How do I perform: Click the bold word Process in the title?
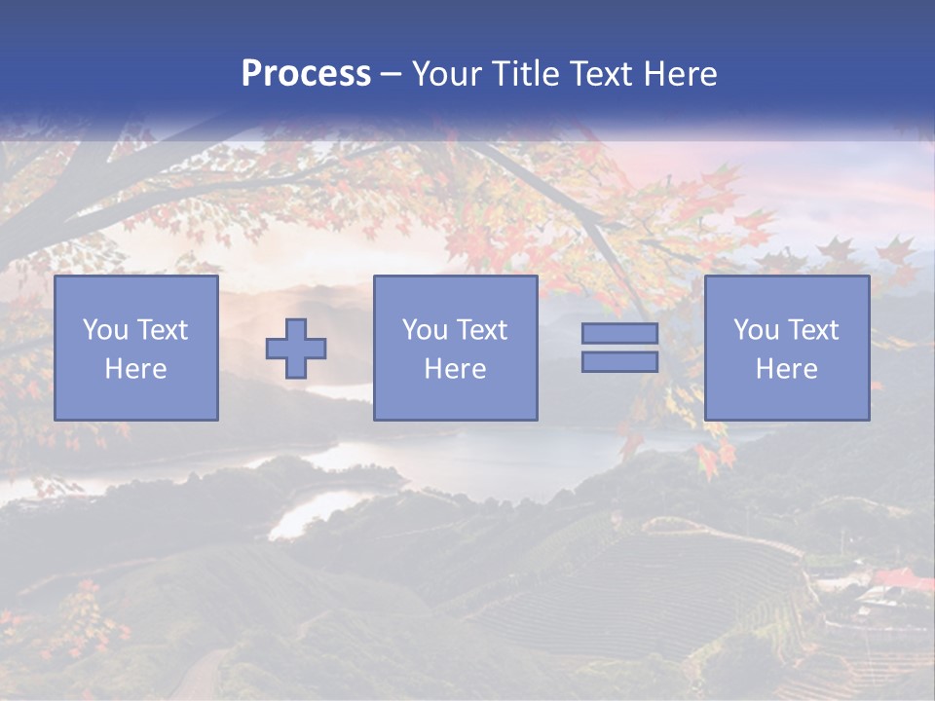[x=306, y=74]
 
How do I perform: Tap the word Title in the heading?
[x=522, y=74]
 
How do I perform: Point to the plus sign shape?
[x=296, y=349]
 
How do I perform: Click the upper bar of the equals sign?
[x=619, y=333]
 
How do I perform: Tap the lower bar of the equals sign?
[x=619, y=362]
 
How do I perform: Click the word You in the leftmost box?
[x=105, y=330]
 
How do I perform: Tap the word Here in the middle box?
[x=455, y=369]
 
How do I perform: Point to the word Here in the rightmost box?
[x=786, y=369]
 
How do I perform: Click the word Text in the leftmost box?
[x=162, y=330]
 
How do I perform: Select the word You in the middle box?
[x=425, y=330]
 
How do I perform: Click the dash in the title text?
[x=392, y=74]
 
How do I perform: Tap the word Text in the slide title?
[x=599, y=74]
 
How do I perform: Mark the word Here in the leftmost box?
[x=136, y=369]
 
